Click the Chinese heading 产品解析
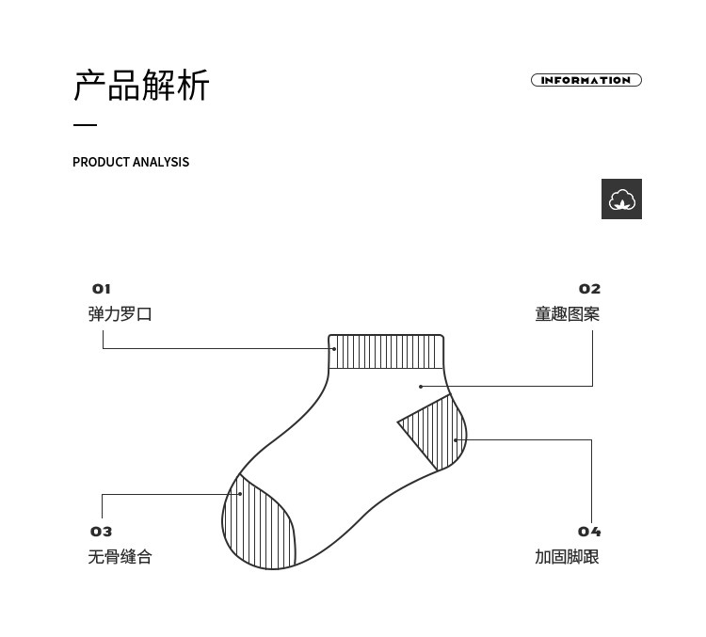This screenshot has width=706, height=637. [x=141, y=86]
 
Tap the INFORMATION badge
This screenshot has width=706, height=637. [x=586, y=80]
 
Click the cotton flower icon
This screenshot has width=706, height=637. [x=621, y=199]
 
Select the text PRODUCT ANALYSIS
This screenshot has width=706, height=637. [x=131, y=162]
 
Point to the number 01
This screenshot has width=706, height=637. [x=101, y=289]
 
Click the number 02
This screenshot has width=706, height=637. [x=589, y=289]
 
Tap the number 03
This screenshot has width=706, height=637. [x=101, y=532]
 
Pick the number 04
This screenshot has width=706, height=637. [x=589, y=532]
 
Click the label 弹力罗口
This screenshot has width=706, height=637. [x=120, y=314]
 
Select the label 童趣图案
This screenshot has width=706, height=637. [x=567, y=314]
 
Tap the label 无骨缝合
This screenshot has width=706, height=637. [x=120, y=557]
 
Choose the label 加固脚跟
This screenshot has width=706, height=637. [x=567, y=557]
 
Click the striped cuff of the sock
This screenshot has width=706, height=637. [x=386, y=351]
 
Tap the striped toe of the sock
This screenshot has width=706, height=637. [x=258, y=527]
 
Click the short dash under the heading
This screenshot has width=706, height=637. [x=85, y=125]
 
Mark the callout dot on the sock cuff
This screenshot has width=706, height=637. [x=334, y=348]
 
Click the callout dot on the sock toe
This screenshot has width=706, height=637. [x=241, y=493]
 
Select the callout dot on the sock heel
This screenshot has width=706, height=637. [x=455, y=439]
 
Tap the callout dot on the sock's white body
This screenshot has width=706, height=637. [x=421, y=386]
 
